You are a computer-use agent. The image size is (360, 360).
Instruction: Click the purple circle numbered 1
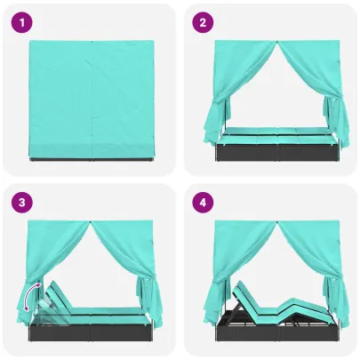click(22, 22)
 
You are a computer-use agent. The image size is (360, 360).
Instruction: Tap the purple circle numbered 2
click(203, 22)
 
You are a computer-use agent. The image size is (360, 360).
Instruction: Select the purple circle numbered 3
click(22, 203)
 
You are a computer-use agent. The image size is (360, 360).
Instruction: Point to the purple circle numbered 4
click(203, 203)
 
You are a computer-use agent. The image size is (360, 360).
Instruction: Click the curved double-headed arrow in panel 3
click(29, 296)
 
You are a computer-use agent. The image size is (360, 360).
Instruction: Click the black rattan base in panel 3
click(92, 332)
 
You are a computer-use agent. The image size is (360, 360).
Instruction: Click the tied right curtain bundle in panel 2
click(335, 123)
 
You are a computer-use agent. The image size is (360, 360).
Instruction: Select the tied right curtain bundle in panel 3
click(149, 300)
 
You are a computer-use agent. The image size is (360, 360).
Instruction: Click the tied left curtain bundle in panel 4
click(214, 304)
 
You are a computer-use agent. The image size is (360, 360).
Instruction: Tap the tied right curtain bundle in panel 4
click(335, 302)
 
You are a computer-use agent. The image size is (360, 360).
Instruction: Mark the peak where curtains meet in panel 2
click(277, 42)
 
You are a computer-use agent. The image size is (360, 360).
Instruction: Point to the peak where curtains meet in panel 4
click(277, 222)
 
